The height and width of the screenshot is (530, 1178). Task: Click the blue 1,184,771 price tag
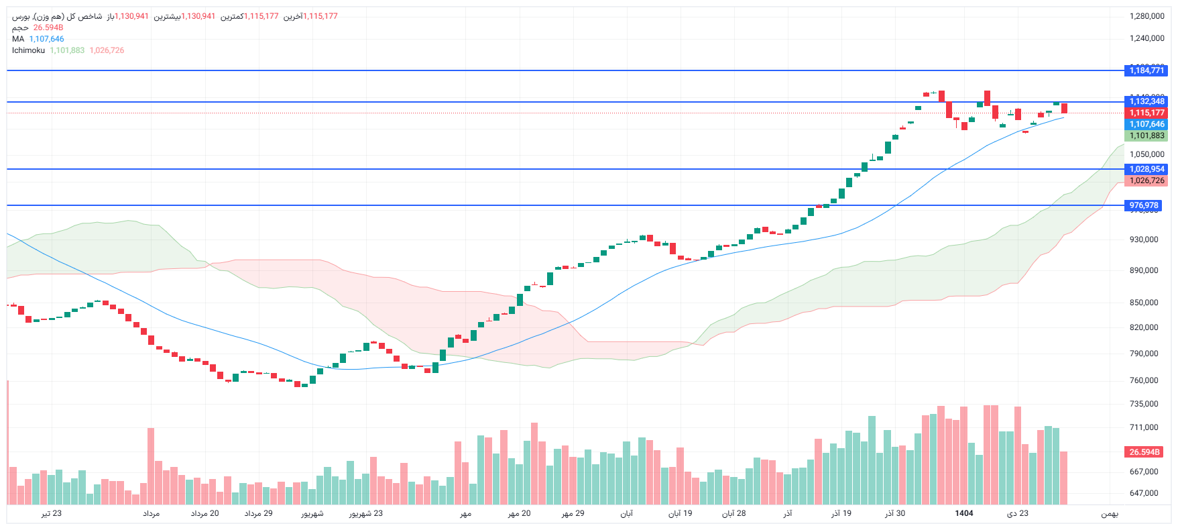tap(1146, 70)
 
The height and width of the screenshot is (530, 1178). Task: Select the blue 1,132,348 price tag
tap(1146, 101)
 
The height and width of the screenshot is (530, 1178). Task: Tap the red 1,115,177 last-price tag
tap(1146, 113)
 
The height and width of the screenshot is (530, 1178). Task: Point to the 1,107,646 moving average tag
tap(1146, 124)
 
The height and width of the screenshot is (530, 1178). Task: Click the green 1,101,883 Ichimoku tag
tap(1146, 136)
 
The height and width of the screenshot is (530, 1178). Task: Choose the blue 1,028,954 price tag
tap(1146, 169)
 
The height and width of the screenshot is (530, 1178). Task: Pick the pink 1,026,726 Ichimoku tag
tap(1146, 180)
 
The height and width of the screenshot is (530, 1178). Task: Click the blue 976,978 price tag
tap(1143, 205)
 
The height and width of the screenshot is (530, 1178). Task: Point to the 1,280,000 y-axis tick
tap(1146, 16)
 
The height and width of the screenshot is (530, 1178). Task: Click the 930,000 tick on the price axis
tap(1143, 240)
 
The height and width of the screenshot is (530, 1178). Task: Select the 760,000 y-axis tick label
tap(1143, 380)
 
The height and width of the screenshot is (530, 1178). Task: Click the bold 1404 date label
tap(963, 513)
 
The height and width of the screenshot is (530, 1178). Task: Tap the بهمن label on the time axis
tap(1109, 514)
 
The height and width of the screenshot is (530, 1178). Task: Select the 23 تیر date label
tap(52, 513)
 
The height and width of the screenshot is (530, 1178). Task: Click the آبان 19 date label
tap(680, 513)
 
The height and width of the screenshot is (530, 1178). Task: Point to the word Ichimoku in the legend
tap(28, 50)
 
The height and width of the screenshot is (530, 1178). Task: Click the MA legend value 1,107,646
tap(46, 39)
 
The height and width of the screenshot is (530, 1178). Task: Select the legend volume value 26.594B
tap(48, 28)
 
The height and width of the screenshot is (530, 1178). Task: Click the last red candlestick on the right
tap(1064, 108)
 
